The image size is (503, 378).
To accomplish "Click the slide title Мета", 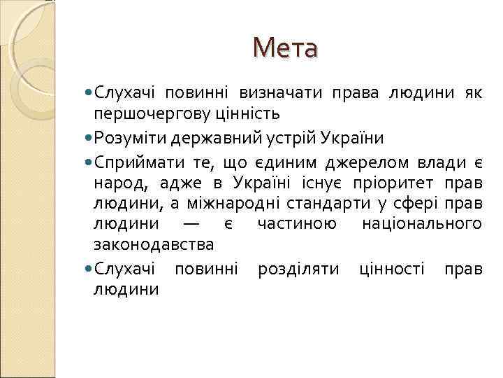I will (x=285, y=48).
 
